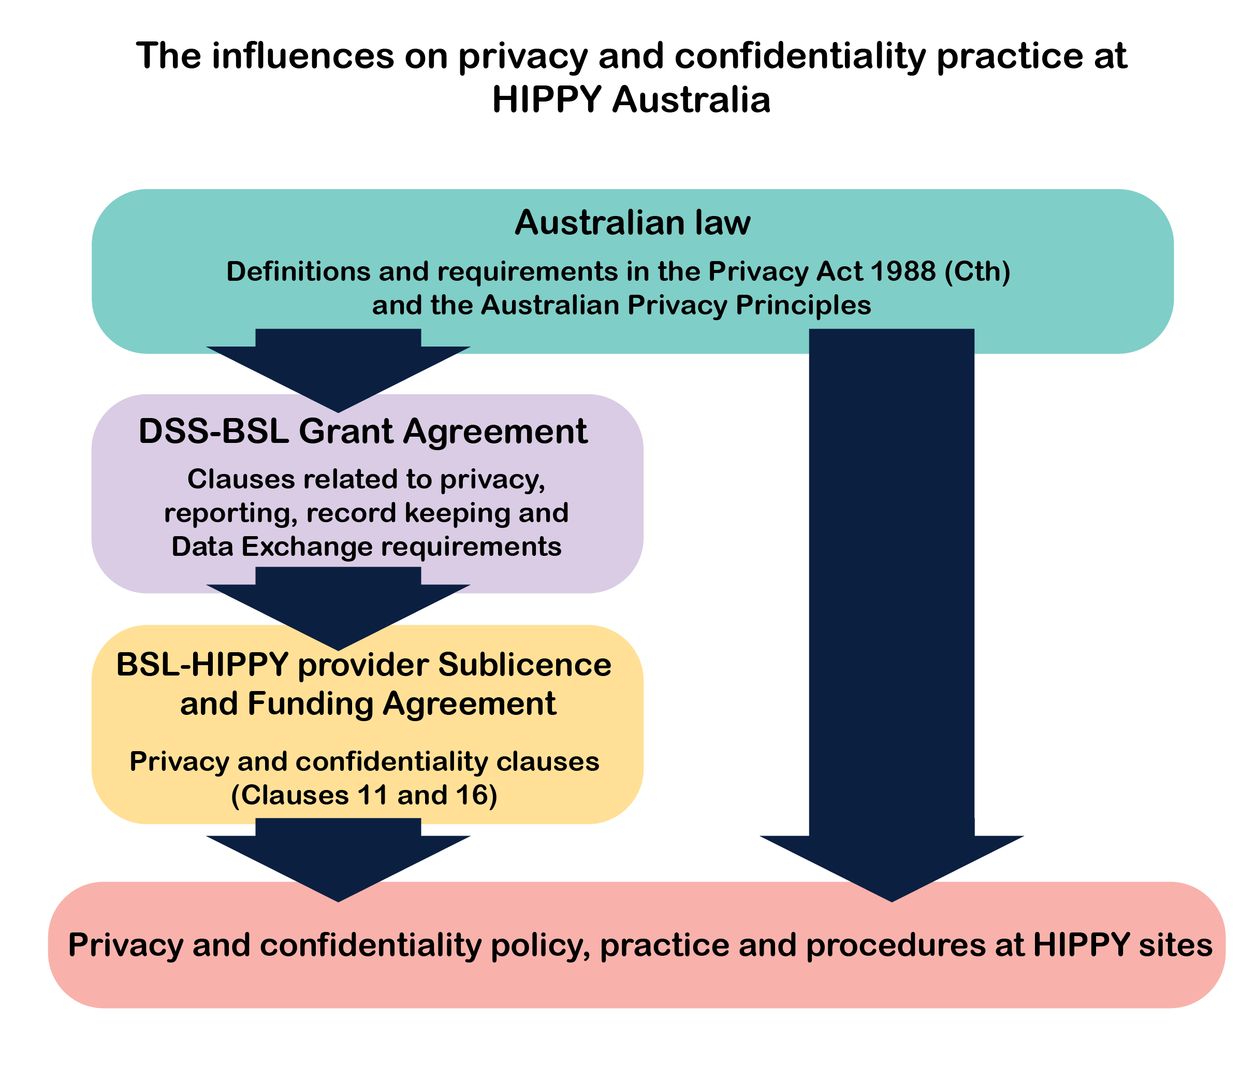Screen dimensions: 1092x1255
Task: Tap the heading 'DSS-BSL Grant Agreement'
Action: (x=363, y=432)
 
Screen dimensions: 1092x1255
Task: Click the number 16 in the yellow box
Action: (x=471, y=795)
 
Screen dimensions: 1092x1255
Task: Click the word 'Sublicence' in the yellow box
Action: (x=524, y=664)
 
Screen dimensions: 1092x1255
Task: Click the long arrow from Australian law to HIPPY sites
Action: (x=892, y=609)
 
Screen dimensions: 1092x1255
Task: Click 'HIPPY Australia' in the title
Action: (x=631, y=100)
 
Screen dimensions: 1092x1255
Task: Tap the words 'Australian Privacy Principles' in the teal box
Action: (x=676, y=305)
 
